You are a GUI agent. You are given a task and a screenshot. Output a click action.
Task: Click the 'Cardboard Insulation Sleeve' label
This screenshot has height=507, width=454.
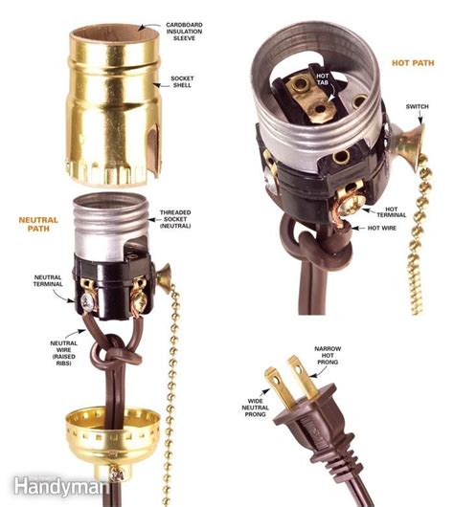tap(184, 32)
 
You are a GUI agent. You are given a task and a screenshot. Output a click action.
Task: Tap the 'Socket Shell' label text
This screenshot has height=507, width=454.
tap(182, 82)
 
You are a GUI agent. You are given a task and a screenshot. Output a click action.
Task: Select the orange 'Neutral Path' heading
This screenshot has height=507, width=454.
tap(38, 224)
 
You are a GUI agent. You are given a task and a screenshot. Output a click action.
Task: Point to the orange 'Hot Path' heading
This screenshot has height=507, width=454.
tap(413, 63)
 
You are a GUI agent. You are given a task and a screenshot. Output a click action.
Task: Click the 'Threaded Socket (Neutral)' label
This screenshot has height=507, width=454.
tap(175, 219)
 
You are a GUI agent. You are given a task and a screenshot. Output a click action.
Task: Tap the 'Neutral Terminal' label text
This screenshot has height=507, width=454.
tap(48, 280)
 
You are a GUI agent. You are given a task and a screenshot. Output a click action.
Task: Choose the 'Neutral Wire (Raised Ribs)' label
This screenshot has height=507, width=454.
tap(64, 353)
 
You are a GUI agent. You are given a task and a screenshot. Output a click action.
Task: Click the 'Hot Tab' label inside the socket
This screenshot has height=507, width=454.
tap(322, 78)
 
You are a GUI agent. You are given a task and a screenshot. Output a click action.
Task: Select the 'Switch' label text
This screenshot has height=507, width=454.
tap(417, 106)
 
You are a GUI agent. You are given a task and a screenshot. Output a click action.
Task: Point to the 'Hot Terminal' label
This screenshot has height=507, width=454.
tap(391, 212)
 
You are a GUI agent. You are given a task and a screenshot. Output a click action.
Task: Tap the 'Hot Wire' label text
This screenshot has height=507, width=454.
tap(382, 228)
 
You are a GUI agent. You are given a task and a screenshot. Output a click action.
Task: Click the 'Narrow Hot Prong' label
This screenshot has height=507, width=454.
tap(328, 355)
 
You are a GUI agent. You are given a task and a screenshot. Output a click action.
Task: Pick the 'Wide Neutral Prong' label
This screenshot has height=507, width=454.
tap(255, 408)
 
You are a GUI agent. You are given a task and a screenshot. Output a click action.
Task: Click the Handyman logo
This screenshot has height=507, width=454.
tap(60, 487)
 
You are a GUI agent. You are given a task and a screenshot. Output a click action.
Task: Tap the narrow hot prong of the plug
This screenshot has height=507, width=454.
tap(304, 378)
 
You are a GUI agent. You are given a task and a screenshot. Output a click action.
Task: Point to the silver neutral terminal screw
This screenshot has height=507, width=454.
tap(89, 303)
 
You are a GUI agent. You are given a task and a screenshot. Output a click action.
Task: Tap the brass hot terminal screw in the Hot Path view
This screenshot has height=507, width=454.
tap(352, 204)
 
